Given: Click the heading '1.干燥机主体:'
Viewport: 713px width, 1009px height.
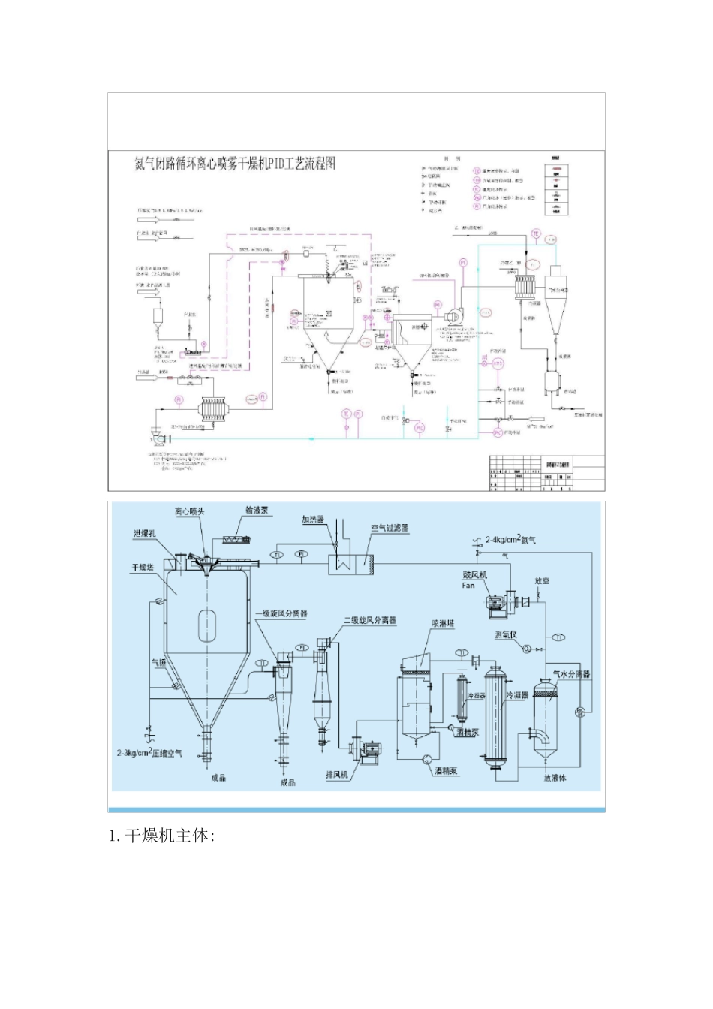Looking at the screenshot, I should pos(162,836).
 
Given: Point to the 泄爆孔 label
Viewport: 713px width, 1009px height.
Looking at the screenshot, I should pos(144,533).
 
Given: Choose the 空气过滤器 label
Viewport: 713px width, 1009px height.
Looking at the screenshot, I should pos(390,528).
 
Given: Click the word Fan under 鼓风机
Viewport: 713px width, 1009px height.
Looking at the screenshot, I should pos(468,585).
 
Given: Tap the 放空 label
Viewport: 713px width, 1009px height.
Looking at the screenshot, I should pos(543,580).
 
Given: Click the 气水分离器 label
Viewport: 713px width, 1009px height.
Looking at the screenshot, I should pos(571,674).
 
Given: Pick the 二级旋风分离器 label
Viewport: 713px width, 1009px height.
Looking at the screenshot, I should pos(370,620).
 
